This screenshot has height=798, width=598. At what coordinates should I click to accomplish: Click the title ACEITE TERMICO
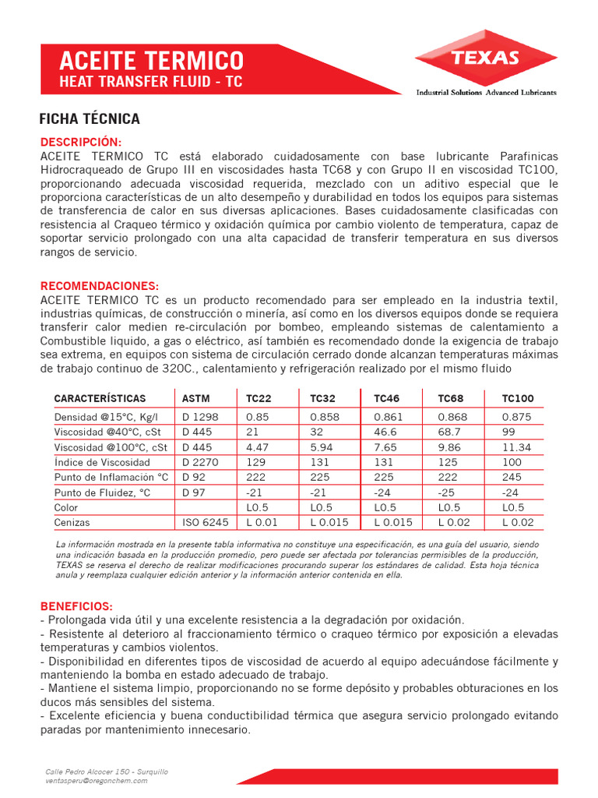152,60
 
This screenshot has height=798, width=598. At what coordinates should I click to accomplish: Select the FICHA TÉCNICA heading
89,119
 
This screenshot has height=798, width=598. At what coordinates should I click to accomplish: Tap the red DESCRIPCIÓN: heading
81,142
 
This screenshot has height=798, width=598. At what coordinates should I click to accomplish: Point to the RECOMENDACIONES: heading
99,286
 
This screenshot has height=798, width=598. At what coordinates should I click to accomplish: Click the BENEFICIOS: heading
76,606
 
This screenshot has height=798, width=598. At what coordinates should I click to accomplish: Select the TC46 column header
386,398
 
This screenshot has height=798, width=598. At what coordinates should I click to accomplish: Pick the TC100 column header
517,398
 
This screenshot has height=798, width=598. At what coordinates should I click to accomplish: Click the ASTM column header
195,398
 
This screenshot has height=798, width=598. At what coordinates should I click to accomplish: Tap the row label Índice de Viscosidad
101,462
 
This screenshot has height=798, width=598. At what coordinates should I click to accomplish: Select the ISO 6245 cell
205,523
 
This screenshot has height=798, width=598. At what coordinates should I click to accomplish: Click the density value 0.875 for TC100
516,417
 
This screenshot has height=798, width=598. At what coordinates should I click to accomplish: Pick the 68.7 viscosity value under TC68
449,432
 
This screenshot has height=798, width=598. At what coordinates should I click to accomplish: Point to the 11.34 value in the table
516,447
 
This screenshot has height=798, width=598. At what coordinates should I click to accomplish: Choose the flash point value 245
511,477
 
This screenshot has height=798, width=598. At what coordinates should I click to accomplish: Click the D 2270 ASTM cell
200,462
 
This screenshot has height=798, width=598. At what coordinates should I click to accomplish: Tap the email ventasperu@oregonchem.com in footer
96,780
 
